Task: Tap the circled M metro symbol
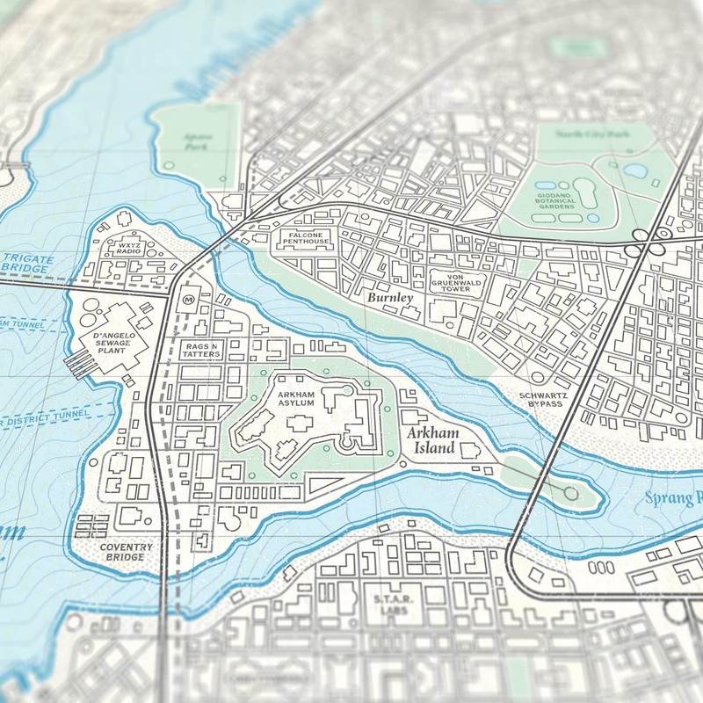click(188, 300)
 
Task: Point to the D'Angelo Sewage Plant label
click(110, 339)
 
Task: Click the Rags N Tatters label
click(202, 351)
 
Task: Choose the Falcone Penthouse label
click(304, 238)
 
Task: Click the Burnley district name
click(390, 299)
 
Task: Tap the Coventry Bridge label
click(126, 552)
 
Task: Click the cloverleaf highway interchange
click(649, 238)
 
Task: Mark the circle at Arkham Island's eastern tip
click(571, 494)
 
